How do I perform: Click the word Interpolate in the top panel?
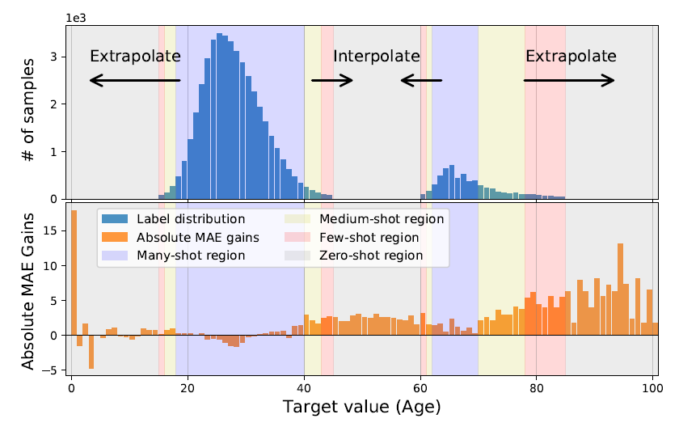(377, 57)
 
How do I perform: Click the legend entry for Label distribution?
(191, 219)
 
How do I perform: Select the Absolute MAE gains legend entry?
(197, 238)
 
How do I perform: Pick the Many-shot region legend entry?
(191, 256)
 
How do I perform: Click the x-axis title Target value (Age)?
(362, 407)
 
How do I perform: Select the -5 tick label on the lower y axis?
(51, 370)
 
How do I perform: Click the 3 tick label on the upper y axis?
(54, 57)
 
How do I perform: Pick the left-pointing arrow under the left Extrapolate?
(134, 80)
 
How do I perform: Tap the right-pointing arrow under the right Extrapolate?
(569, 80)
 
